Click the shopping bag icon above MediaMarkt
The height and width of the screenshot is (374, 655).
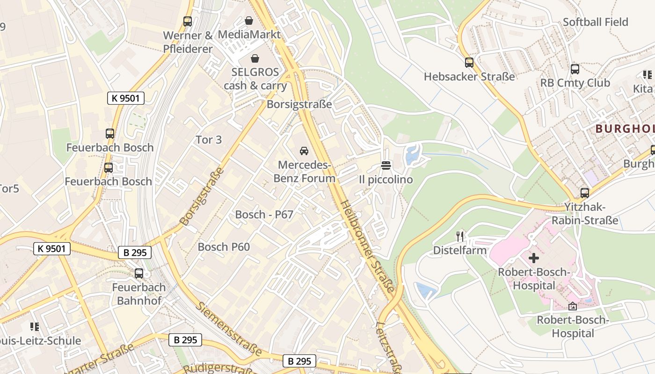[249, 21]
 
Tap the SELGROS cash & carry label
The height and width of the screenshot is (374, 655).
[255, 79]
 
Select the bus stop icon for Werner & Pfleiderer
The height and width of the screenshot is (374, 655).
[188, 22]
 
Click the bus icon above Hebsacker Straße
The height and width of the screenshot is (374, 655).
[469, 63]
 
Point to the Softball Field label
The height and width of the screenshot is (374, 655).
[595, 22]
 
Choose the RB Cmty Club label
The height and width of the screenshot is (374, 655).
[575, 83]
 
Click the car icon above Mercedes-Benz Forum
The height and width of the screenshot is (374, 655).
[304, 151]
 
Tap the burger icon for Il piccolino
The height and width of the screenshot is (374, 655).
[386, 165]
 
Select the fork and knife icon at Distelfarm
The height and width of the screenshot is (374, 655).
[460, 236]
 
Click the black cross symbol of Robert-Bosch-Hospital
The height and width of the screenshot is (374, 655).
[534, 258]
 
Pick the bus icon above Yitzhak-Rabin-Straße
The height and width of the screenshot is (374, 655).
[584, 193]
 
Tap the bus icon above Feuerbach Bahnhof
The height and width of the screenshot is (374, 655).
[139, 273]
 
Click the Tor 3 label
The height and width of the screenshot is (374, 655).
[209, 140]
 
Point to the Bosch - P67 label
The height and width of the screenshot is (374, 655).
[264, 215]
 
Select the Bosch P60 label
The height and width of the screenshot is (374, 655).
[224, 247]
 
